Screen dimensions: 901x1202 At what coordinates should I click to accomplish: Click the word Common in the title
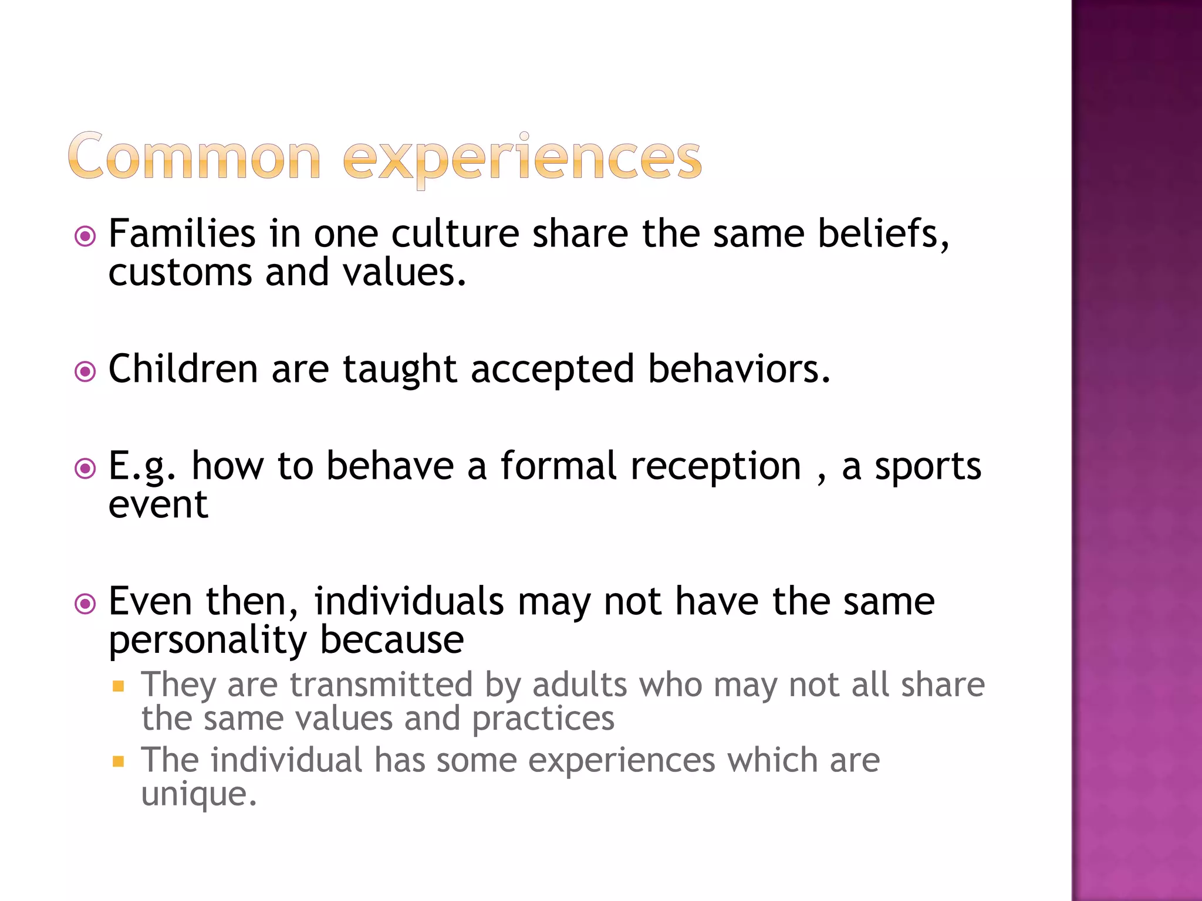click(194, 156)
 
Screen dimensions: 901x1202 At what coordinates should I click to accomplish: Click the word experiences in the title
click(522, 158)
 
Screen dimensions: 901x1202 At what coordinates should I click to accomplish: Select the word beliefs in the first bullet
click(883, 233)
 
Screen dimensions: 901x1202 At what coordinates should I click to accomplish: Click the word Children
click(183, 369)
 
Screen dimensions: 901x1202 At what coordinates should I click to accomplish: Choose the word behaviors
click(739, 369)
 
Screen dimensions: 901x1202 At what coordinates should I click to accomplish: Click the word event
click(158, 504)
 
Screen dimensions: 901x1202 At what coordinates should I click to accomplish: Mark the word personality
click(207, 641)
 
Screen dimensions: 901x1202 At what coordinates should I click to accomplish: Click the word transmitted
click(381, 685)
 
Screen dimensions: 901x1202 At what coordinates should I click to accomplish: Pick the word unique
click(198, 795)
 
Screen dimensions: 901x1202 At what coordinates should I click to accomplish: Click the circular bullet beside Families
click(86, 236)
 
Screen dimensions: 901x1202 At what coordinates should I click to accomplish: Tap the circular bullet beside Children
click(86, 371)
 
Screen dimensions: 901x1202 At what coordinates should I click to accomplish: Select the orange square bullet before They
click(119, 686)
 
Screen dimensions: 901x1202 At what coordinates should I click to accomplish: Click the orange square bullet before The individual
click(119, 761)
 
